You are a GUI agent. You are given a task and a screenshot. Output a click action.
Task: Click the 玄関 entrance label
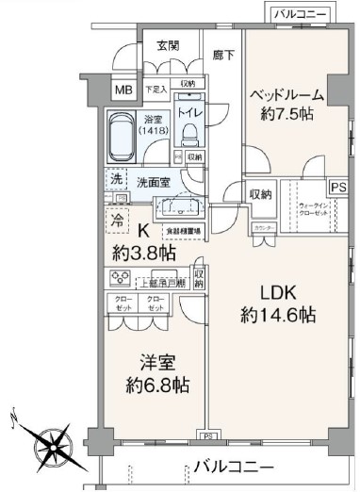coord(169,45)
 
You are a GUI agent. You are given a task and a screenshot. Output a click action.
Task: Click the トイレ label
coord(189,112)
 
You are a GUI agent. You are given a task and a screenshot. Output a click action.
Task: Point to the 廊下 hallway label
coord(223,56)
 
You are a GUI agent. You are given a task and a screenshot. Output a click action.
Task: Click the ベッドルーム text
coord(287,95)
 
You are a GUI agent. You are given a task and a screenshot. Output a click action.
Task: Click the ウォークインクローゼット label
coord(313,208)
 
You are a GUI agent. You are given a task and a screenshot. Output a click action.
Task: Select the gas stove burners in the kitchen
coord(121,278)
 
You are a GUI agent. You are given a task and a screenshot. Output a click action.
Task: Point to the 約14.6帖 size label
coord(277,316)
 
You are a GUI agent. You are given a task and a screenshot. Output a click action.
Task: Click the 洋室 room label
coord(149,362)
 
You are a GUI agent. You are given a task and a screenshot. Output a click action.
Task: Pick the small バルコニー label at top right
coord(300,14)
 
